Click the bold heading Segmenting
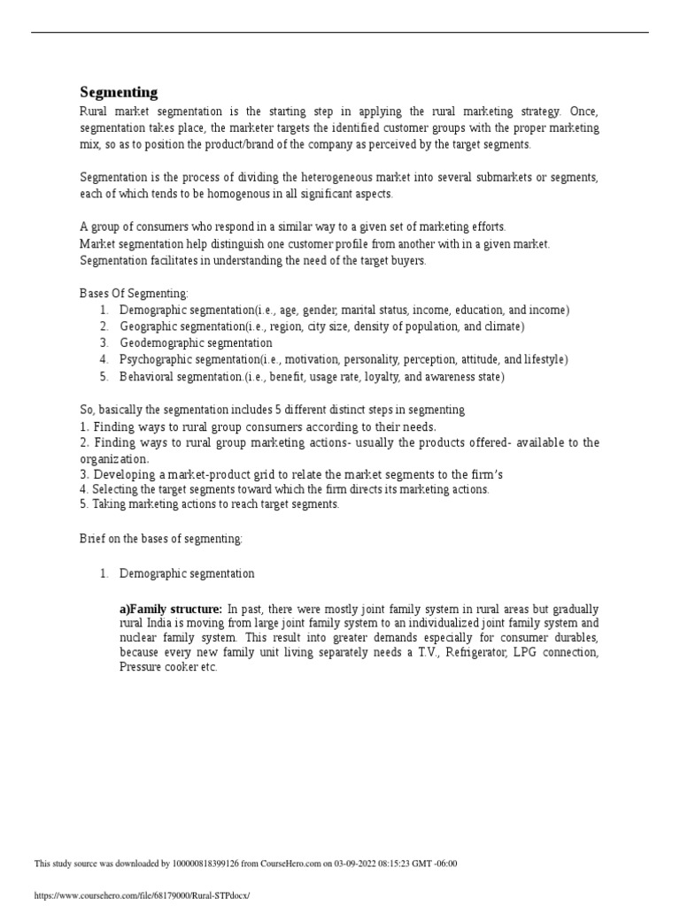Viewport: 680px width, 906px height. point(119,92)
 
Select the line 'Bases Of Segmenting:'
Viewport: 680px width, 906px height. point(134,294)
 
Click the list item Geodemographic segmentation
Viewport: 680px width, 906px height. point(196,343)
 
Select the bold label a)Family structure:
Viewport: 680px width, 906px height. point(171,610)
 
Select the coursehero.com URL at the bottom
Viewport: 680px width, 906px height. point(142,895)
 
